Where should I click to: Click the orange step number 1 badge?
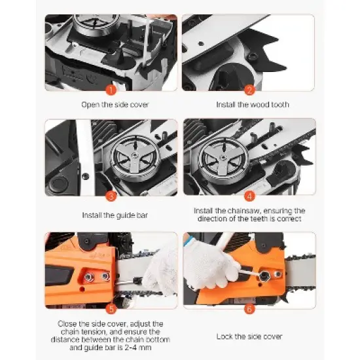111,90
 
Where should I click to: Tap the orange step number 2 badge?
249,90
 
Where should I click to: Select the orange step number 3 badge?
111,195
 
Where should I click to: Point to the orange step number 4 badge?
249,195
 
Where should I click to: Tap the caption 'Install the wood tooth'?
253,105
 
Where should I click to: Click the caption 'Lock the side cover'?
249,336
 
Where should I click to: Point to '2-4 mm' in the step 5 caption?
154,347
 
